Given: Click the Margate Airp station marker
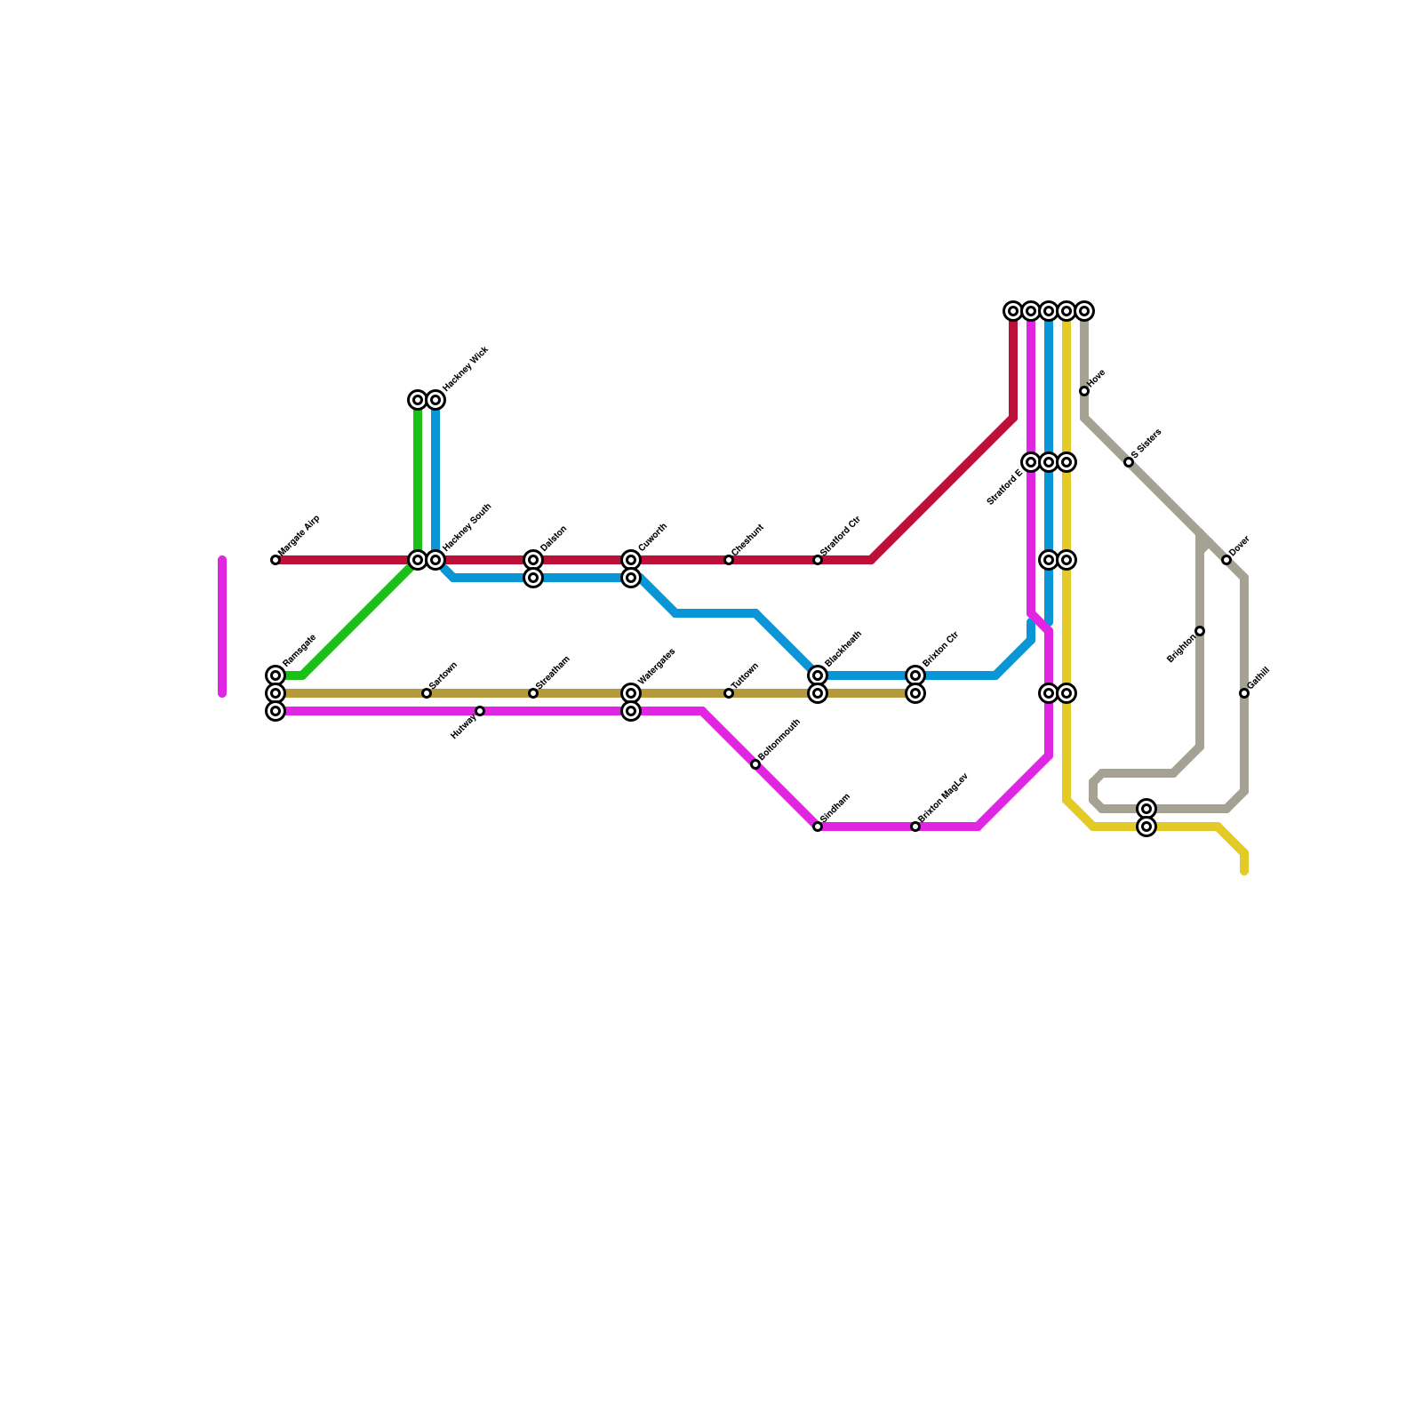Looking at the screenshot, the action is pos(276,560).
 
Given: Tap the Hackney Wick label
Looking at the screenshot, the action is pos(466,369).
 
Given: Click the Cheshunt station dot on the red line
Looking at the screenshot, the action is pos(729,560).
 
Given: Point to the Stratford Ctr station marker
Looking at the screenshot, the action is pos(818,560).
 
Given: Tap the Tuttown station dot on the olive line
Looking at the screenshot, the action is pos(729,693).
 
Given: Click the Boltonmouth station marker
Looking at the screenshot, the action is pos(755,764).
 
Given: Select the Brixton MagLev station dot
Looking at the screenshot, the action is pos(915,827).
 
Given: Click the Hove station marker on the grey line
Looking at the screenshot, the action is pos(1084,391).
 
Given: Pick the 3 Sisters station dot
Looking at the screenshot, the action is pos(1129,462).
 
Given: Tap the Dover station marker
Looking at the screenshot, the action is pos(1226,560).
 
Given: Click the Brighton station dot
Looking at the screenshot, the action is pos(1200,631).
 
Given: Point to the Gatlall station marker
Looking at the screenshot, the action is pos(1244,693).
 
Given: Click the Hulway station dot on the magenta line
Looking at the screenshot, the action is pos(480,711).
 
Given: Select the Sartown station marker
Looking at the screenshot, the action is pos(427,693).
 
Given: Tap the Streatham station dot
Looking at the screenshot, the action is pos(533,693).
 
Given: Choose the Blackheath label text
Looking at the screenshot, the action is pos(843,650).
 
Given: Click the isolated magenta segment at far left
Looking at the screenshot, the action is pos(222,627).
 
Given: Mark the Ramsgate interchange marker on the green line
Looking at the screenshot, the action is pos(276,675).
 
